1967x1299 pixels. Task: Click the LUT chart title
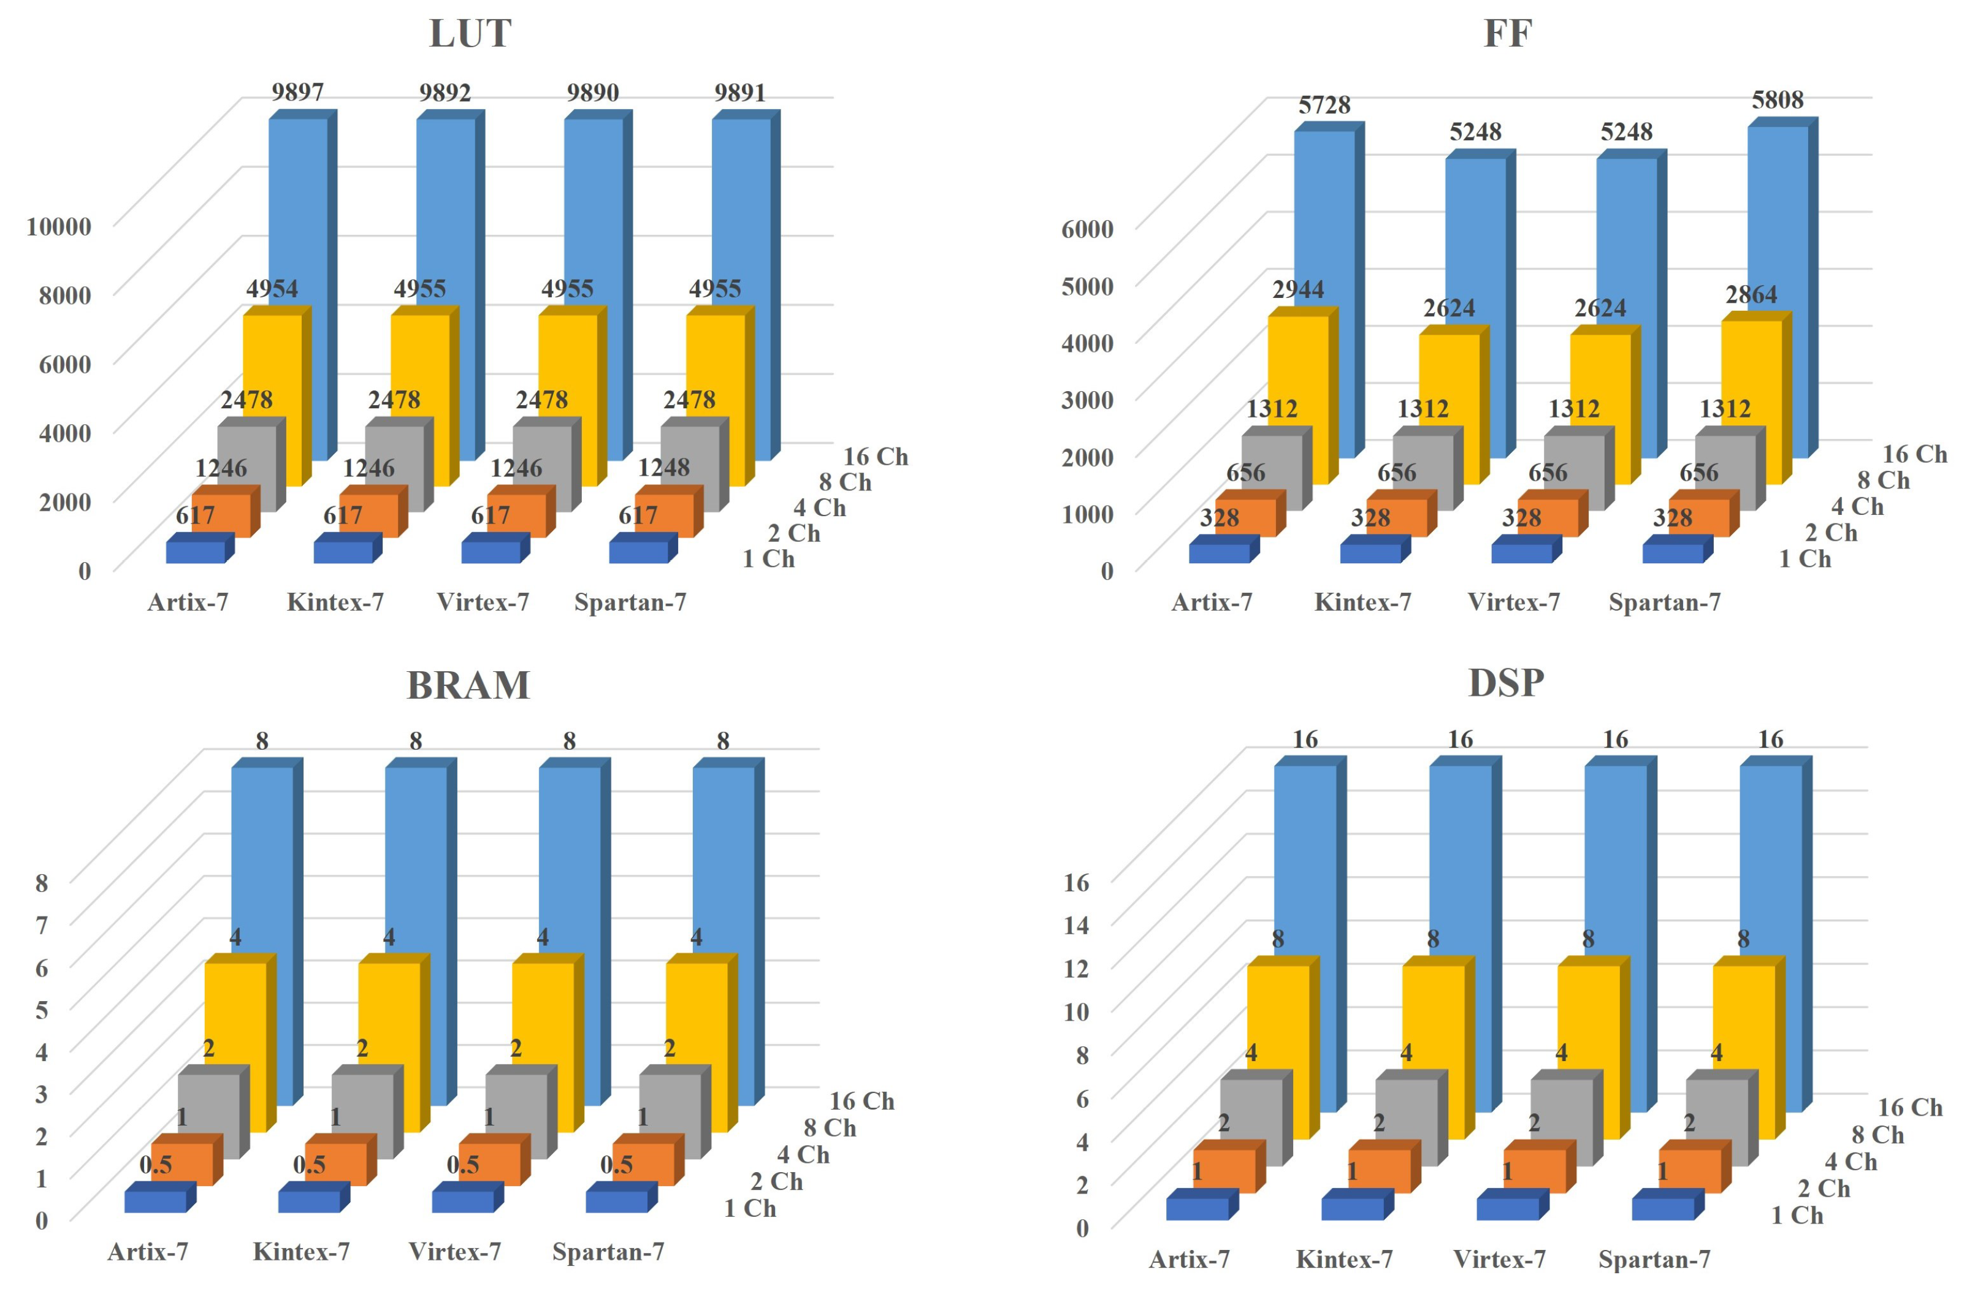coord(470,34)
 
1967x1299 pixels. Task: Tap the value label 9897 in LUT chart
coord(297,92)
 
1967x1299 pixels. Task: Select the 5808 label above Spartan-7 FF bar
coord(1778,101)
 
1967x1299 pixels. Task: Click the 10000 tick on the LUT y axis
coord(59,226)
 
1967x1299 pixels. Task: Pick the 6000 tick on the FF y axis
coord(1087,229)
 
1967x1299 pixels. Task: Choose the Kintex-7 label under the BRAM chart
coord(301,1251)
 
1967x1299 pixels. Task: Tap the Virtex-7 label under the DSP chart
coord(1499,1259)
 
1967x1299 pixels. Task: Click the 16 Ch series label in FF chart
coord(1915,454)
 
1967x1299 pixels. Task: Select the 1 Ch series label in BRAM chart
coord(750,1209)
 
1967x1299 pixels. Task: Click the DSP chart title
coord(1505,684)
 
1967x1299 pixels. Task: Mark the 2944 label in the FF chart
coord(1297,290)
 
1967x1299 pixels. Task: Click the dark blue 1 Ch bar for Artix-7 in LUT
coord(196,552)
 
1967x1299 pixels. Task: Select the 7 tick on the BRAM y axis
coord(42,924)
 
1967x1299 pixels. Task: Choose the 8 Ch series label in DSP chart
coord(1877,1135)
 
